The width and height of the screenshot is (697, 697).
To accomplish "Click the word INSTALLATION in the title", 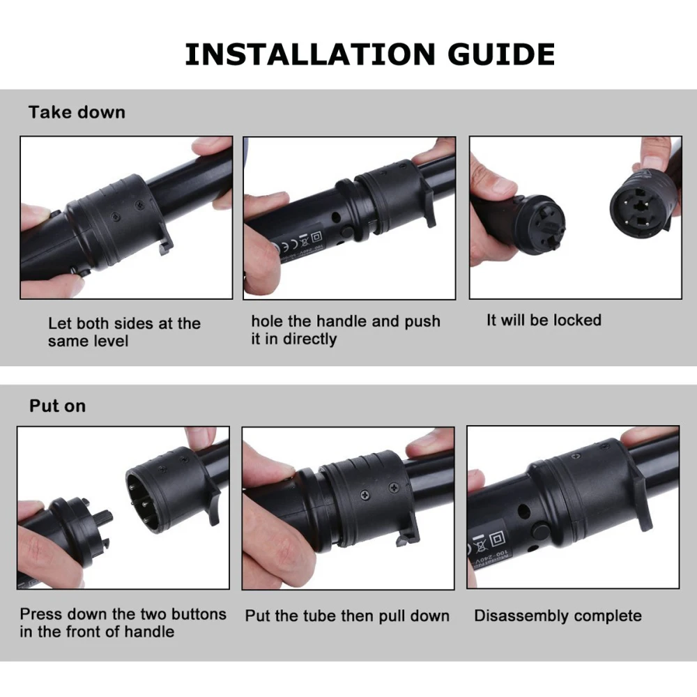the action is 310,54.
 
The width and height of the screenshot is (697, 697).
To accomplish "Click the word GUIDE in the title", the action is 501,54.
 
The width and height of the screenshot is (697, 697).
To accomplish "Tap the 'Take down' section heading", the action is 77,112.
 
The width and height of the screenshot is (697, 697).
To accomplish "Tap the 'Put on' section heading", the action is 57,406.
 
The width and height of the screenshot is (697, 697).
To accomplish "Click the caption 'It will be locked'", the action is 544,320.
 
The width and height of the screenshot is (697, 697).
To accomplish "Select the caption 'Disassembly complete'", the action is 558,616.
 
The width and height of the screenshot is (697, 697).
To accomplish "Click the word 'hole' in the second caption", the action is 267,321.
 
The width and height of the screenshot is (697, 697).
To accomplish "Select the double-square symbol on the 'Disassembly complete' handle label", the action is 498,540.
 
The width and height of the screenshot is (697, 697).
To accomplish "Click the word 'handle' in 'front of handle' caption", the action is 149,631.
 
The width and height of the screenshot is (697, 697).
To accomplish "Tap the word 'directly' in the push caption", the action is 309,339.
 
